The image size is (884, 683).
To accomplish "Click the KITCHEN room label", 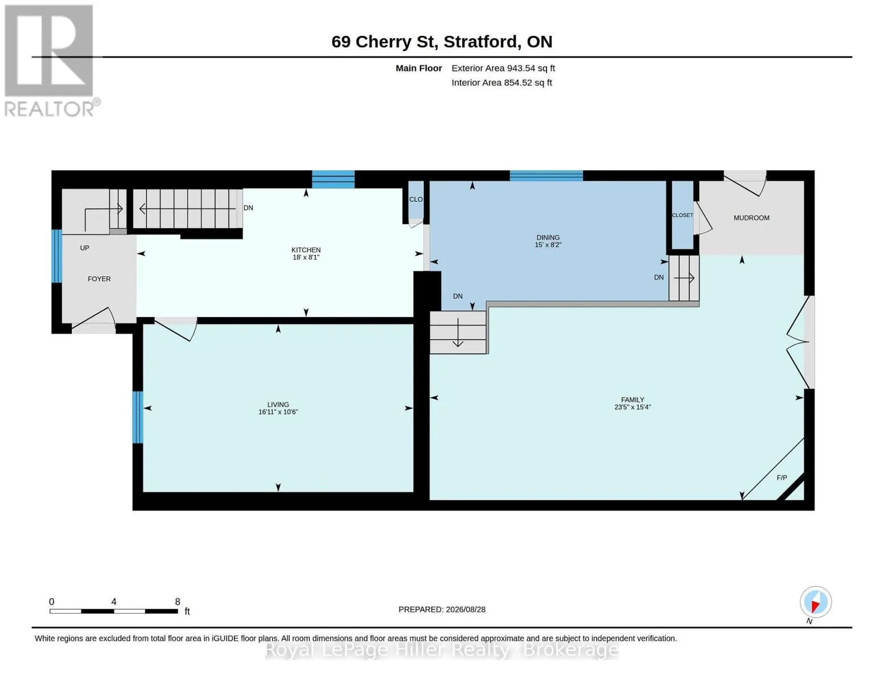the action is click(x=306, y=250).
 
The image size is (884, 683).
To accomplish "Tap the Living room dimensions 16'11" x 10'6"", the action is click(x=278, y=412).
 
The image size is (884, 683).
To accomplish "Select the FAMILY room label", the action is click(x=632, y=400).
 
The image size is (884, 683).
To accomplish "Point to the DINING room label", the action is click(x=548, y=237).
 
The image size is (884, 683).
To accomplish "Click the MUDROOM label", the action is click(x=751, y=218).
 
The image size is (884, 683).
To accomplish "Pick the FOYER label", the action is click(x=99, y=279).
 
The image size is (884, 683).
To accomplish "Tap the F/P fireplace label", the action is click(x=782, y=478).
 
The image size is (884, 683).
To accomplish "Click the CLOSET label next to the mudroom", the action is click(x=682, y=215).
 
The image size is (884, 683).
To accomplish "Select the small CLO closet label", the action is click(x=416, y=199).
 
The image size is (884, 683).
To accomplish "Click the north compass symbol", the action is click(x=815, y=602).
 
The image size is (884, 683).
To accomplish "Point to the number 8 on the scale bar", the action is click(x=178, y=602).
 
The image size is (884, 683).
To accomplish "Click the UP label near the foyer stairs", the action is click(x=85, y=248).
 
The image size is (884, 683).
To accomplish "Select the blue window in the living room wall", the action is click(x=138, y=417).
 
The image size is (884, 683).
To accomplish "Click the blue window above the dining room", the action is click(x=546, y=175).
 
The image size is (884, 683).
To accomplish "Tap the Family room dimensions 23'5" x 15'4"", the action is click(x=632, y=407).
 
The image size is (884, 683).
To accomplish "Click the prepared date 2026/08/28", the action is click(x=466, y=610).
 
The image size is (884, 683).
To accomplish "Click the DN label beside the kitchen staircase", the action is click(x=248, y=208).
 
